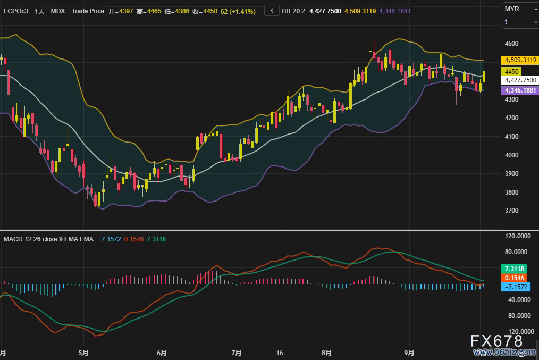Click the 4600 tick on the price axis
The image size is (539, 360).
pyautogui.click(x=512, y=43)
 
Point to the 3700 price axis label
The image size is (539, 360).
pyautogui.click(x=512, y=211)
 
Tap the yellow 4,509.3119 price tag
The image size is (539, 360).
pyautogui.click(x=520, y=60)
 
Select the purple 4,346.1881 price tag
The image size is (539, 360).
pyautogui.click(x=520, y=91)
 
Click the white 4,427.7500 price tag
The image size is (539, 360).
pyautogui.click(x=520, y=80)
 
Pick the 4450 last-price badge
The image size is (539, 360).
pyautogui.click(x=512, y=71)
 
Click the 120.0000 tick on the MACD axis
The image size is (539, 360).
pyautogui.click(x=518, y=235)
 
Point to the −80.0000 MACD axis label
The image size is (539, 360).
pyautogui.click(x=518, y=315)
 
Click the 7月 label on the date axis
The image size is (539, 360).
pyautogui.click(x=237, y=353)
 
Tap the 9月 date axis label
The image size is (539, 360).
pyautogui.click(x=409, y=353)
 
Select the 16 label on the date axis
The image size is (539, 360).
pyautogui.click(x=280, y=353)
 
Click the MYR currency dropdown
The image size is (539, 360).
pyautogui.click(x=520, y=9)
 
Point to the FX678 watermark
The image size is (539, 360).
pyautogui.click(x=497, y=341)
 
